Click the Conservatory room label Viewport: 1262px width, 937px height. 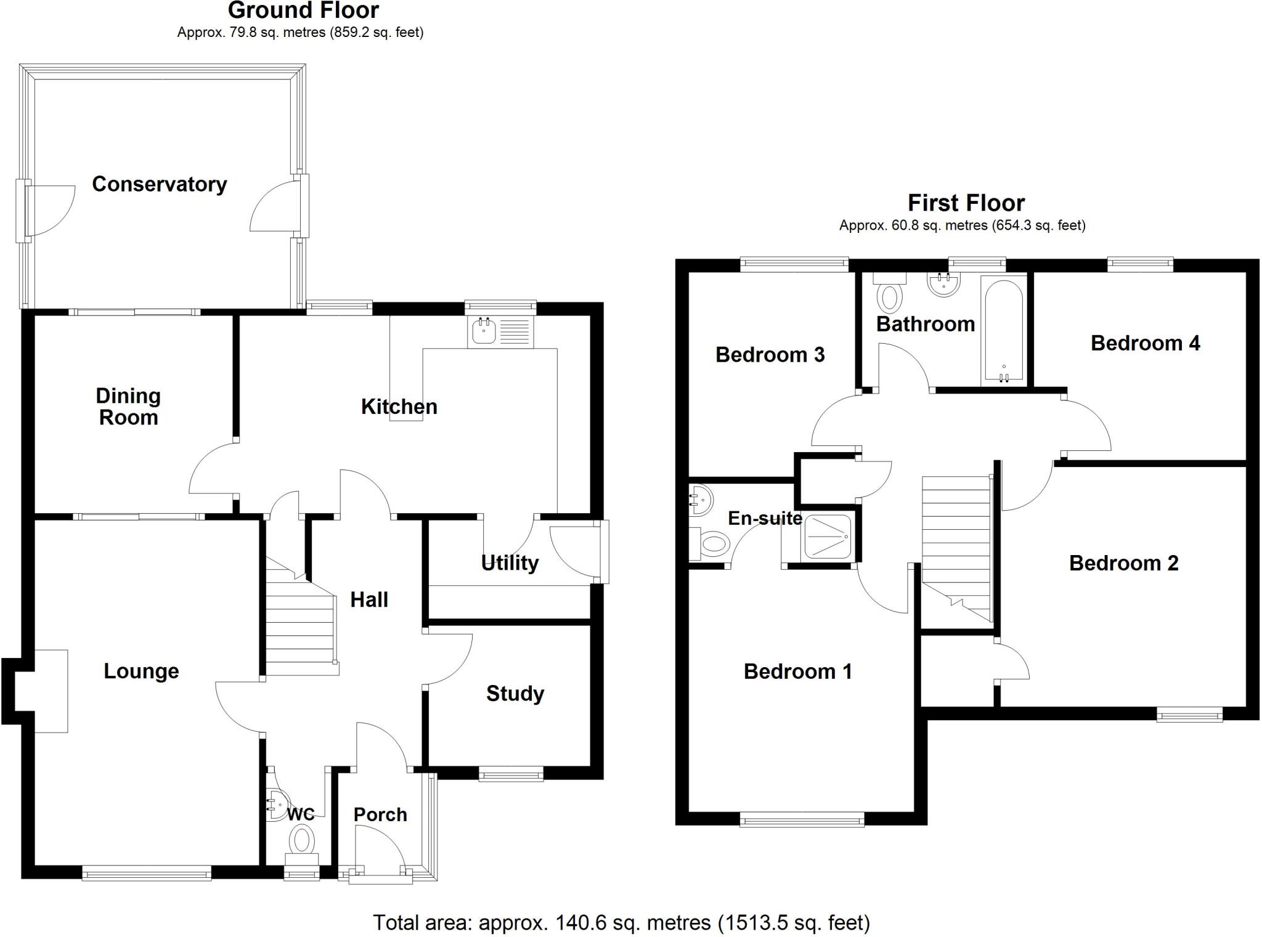[x=160, y=184]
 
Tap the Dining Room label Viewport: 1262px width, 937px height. [x=128, y=407]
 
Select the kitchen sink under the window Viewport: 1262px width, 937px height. [x=484, y=332]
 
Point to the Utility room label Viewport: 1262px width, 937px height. [x=510, y=562]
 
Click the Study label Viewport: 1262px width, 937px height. [x=515, y=694]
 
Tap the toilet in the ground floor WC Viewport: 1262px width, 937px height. [x=302, y=840]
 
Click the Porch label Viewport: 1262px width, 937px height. [x=380, y=814]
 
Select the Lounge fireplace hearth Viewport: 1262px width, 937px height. [x=51, y=691]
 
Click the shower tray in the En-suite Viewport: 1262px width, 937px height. [x=827, y=537]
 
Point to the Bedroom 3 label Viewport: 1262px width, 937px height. [x=770, y=355]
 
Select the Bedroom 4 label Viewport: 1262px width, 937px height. [x=1145, y=343]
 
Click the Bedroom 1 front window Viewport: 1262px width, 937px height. [x=802, y=819]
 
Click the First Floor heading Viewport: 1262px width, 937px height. [x=966, y=203]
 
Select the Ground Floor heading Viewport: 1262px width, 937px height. [x=303, y=10]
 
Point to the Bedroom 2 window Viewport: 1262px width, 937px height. [x=1189, y=715]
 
